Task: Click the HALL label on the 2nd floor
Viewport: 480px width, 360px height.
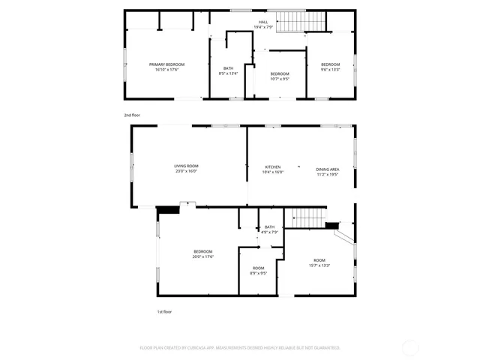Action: tap(263, 22)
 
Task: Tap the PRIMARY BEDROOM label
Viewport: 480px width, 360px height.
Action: tap(166, 64)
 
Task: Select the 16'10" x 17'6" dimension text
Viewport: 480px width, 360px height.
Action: tap(166, 70)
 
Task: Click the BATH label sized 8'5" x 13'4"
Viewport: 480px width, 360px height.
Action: tap(228, 68)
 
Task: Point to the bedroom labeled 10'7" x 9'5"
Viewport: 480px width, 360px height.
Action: tap(280, 73)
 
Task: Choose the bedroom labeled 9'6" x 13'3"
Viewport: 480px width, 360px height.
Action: tap(330, 64)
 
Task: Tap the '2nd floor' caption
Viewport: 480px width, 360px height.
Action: tap(132, 115)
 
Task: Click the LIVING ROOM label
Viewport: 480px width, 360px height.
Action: tap(186, 166)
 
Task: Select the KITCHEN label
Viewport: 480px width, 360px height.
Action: tap(273, 166)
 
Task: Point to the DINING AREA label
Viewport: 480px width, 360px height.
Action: tap(328, 169)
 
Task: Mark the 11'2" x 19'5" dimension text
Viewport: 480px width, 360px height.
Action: tap(328, 174)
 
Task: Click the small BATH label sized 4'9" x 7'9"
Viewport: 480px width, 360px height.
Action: tap(269, 227)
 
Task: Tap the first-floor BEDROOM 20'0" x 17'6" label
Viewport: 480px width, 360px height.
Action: tap(203, 251)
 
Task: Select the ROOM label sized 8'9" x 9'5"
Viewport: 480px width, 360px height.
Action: tap(258, 268)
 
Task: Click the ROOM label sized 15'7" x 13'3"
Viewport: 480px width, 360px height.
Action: tap(319, 260)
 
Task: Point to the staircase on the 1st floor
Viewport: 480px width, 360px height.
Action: tap(308, 218)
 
